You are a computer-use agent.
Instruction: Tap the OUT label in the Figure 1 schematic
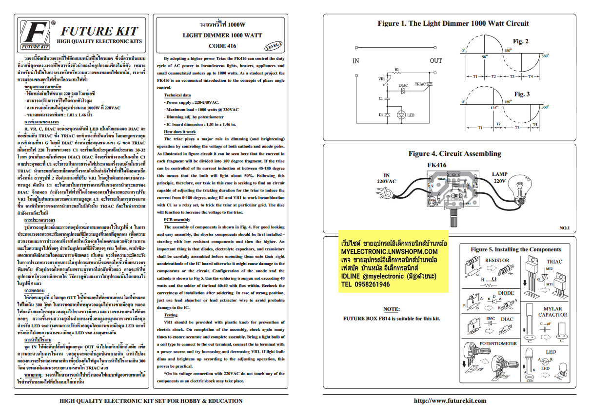pos(436,60)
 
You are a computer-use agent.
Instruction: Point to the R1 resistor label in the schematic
pos(396,70)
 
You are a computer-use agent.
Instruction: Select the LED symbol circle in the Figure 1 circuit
pos(402,115)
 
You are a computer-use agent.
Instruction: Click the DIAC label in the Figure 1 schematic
pos(403,86)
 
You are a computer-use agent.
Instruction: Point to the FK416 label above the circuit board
pos(436,165)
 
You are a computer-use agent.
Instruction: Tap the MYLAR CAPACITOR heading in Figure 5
pos(552,312)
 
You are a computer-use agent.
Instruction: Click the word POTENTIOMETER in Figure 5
pos(498,343)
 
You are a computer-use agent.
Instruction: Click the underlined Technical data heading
pos(177,95)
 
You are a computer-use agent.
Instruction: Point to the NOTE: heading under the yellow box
pos(391,309)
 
